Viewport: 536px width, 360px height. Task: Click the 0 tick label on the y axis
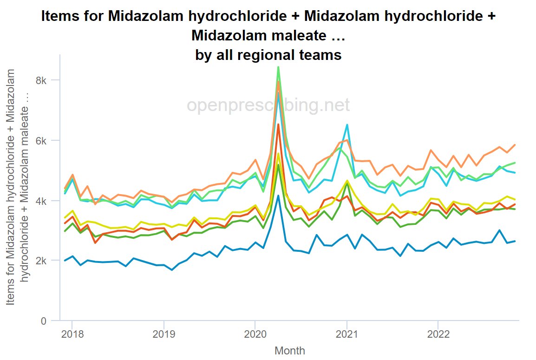[44, 321]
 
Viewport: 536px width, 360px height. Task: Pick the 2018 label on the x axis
[72, 334]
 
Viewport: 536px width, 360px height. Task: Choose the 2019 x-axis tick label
[163, 334]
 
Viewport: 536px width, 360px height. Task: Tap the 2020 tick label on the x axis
[255, 334]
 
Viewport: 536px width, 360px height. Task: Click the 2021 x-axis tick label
[346, 334]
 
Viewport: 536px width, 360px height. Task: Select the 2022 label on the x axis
[438, 334]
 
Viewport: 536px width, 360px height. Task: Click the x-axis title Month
[290, 350]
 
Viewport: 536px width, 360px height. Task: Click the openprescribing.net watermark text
[268, 105]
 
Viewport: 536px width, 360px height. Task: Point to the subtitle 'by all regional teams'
[268, 55]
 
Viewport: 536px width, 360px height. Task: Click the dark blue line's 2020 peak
[278, 196]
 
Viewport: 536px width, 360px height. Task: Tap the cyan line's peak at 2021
[347, 124]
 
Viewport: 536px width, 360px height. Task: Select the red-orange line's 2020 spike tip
[278, 124]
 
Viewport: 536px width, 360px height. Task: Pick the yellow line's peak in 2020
[278, 153]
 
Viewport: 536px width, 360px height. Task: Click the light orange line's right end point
[515, 145]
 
